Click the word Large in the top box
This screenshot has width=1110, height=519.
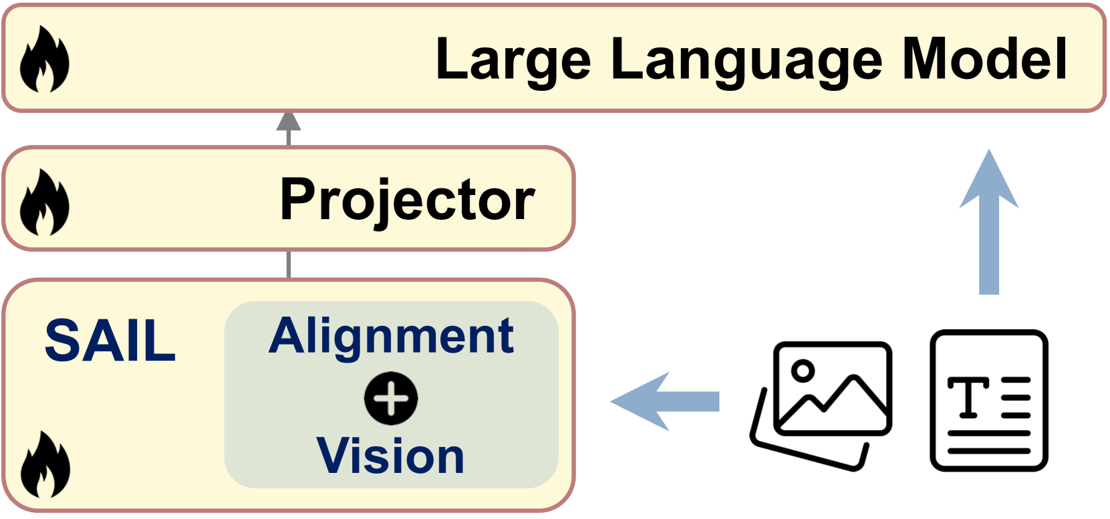(513, 61)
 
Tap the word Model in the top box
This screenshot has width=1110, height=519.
(984, 59)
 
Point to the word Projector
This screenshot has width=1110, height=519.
(407, 200)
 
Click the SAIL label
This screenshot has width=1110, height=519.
(110, 341)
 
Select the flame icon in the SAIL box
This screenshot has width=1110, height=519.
(44, 465)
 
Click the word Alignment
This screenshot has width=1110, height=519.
(391, 336)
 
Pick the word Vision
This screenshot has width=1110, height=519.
(390, 456)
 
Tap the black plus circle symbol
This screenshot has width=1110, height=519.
(391, 399)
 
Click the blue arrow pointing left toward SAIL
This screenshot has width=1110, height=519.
(664, 401)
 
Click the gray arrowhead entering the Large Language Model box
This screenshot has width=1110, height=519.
(289, 122)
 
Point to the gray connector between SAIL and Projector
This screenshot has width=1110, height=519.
(289, 265)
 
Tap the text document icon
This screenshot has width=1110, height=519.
(989, 401)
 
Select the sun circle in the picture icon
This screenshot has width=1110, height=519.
(803, 369)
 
